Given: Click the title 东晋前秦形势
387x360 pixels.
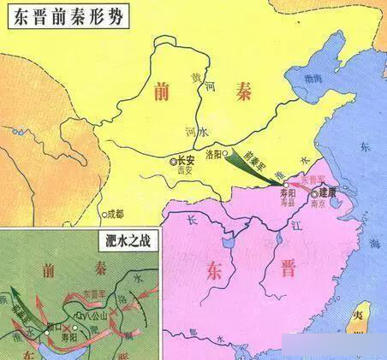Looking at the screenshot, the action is coord(64,20).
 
